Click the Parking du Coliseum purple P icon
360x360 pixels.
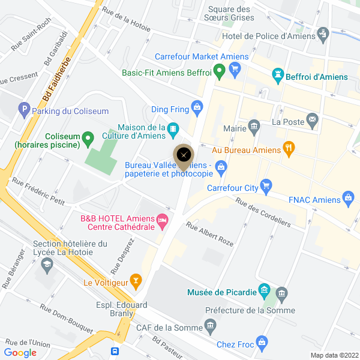click(24, 109)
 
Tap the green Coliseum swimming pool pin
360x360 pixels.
click(88, 140)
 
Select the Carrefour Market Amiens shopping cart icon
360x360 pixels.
click(235, 69)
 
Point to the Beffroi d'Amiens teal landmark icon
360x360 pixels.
click(278, 76)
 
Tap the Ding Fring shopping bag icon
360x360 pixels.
click(196, 107)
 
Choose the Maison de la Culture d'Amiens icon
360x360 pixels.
click(173, 128)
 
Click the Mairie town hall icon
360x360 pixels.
click(254, 126)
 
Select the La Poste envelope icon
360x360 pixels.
click(312, 121)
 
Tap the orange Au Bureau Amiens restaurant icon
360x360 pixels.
click(289, 148)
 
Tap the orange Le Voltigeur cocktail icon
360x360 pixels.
click(136, 280)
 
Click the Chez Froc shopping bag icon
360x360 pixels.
click(261, 343)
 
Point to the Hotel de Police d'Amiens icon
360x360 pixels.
click(323, 33)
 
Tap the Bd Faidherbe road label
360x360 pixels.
click(57, 78)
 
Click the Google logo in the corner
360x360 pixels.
click(20, 353)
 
